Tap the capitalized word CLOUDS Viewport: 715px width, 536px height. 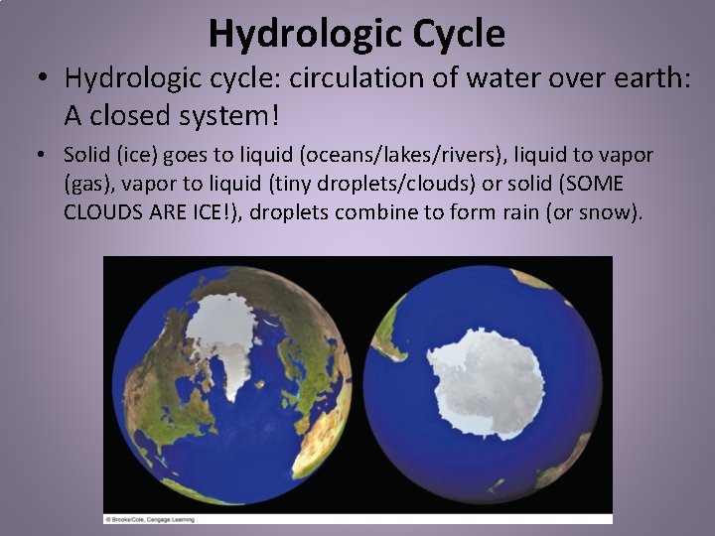pos(101,212)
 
